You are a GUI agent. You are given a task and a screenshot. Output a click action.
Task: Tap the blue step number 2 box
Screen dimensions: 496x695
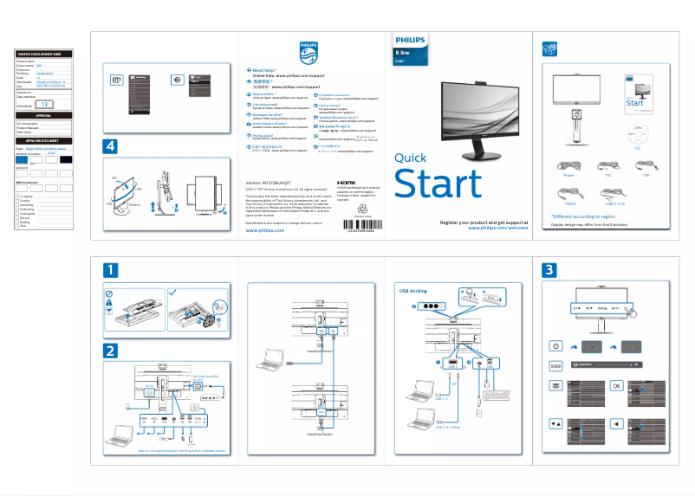pos(110,351)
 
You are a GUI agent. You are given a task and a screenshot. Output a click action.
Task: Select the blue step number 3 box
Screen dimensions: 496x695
pos(549,270)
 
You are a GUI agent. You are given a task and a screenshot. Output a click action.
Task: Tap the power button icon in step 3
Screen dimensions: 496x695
pos(555,346)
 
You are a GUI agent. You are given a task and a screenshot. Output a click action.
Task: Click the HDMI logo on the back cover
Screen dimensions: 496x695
pos(344,183)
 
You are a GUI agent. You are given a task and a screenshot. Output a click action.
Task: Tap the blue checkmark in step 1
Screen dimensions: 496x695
pos(172,292)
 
